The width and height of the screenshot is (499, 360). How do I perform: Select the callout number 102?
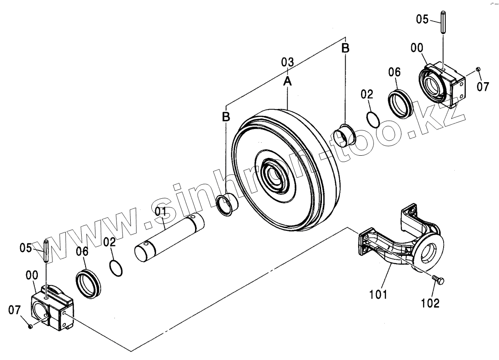pyautogui.click(x=430, y=303)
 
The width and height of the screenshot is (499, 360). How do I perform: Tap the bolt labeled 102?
pyautogui.click(x=439, y=280)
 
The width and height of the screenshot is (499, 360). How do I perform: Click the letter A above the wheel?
pyautogui.click(x=288, y=81)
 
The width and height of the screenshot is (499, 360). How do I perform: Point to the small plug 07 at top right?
pyautogui.click(x=478, y=70)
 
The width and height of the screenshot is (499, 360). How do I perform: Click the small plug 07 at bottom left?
pyautogui.click(x=30, y=326)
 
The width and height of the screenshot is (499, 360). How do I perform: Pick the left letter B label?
pyautogui.click(x=226, y=117)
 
